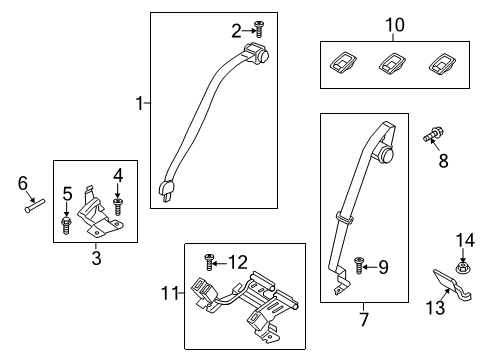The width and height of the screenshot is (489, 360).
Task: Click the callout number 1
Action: [x=139, y=102]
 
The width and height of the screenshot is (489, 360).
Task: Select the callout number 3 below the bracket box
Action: [x=96, y=260]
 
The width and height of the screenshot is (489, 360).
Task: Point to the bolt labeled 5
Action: [x=67, y=223]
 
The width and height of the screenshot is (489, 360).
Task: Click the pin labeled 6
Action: [x=35, y=208]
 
